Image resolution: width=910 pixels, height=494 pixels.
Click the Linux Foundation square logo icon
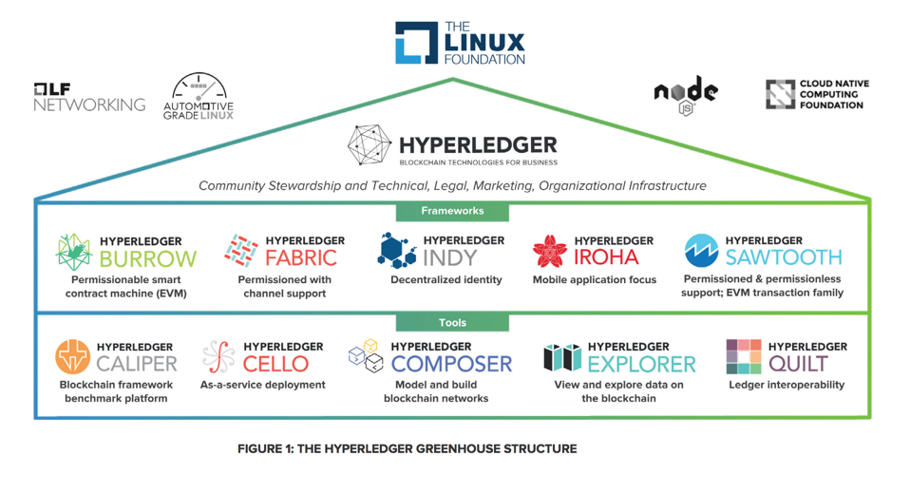click(x=417, y=44)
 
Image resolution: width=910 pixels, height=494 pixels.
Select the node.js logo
click(x=686, y=95)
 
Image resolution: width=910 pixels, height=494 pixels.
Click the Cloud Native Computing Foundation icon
click(x=781, y=94)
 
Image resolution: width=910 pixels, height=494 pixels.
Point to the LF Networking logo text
click(x=89, y=98)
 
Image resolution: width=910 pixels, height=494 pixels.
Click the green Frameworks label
click(x=452, y=211)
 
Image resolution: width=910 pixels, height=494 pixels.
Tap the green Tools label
click(x=452, y=323)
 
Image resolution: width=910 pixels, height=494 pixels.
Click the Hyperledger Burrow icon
click(x=73, y=252)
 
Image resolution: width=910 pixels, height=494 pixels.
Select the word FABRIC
click(x=301, y=257)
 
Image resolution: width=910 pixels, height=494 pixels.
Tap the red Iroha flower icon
click(x=549, y=252)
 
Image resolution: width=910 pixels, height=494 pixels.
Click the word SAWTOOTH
click(x=784, y=257)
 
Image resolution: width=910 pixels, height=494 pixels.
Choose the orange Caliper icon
click(x=73, y=358)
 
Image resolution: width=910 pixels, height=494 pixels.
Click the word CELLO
click(x=275, y=364)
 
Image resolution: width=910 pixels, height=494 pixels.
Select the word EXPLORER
click(x=642, y=364)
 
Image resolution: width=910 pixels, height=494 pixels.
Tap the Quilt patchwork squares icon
click(x=744, y=357)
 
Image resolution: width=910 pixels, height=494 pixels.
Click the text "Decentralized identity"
click(x=446, y=280)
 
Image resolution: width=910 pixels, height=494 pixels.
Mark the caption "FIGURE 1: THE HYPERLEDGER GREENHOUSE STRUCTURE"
click(x=407, y=448)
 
